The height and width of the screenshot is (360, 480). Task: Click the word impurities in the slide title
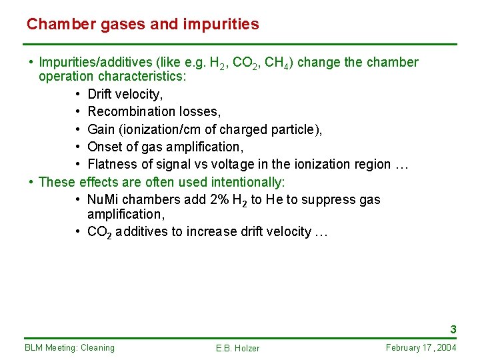[x=224, y=25]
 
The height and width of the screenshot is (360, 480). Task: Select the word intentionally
[x=247, y=182]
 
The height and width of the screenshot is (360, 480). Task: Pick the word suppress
[x=325, y=199]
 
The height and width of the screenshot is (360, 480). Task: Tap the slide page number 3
[x=453, y=329]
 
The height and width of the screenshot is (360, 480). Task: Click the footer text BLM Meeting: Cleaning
[x=69, y=347]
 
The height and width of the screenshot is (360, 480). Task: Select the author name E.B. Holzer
[x=238, y=348]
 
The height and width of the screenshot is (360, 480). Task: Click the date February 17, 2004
[x=421, y=347]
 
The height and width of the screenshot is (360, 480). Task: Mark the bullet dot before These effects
[x=31, y=182]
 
